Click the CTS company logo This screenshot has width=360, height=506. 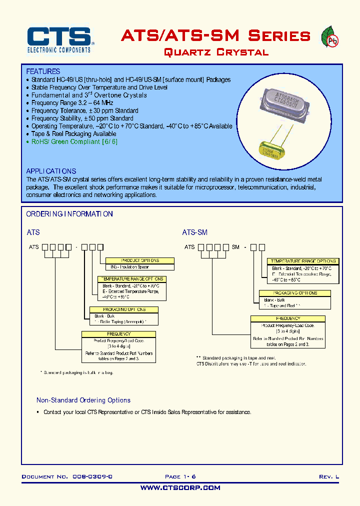[59, 39]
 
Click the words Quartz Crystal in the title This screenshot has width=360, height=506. [216, 52]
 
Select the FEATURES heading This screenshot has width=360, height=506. [43, 71]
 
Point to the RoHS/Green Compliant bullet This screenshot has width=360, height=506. [74, 141]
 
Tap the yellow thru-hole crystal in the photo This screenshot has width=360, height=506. [273, 148]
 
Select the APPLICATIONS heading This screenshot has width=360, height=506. [51, 171]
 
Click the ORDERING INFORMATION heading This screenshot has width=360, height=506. [69, 214]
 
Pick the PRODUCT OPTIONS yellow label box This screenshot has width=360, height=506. [140, 260]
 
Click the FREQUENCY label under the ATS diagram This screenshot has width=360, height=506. [118, 333]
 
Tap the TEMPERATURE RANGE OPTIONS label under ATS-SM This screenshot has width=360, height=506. [303, 261]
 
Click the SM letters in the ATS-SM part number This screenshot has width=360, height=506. [235, 247]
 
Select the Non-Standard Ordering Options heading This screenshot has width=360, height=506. [83, 400]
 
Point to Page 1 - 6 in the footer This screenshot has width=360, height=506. [180, 477]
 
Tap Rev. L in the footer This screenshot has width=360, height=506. [328, 477]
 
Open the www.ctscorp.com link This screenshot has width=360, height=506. [180, 487]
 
